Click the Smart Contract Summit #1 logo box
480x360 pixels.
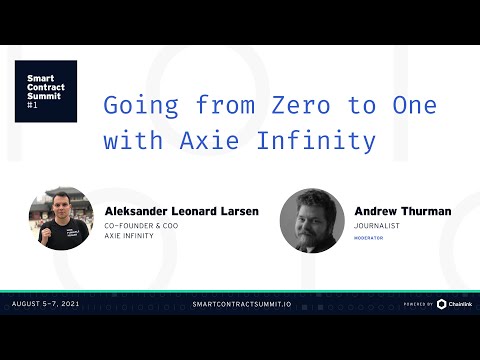point(45,91)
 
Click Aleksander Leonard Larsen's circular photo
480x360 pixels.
point(61,221)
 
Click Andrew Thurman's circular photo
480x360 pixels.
point(312,221)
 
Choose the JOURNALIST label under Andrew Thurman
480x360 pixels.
point(376,228)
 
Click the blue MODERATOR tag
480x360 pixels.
point(369,241)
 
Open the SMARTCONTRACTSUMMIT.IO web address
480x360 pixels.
point(239,303)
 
